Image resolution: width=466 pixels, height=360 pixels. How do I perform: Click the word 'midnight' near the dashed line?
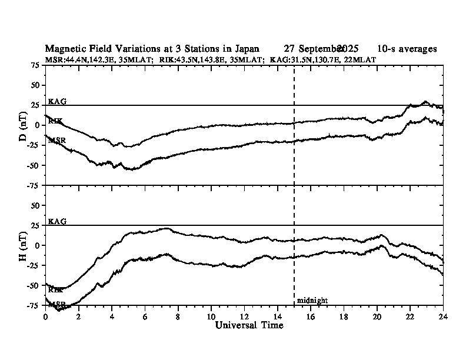[x=312, y=301]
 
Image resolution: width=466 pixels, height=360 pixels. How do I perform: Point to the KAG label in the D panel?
[x=57, y=101]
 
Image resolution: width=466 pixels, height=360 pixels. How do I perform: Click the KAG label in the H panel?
[x=57, y=221]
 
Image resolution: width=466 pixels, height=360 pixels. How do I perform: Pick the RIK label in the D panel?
[x=55, y=121]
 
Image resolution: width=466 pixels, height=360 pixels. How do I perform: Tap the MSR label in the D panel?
[x=57, y=141]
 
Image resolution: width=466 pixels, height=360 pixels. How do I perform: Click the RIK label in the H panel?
[x=55, y=290]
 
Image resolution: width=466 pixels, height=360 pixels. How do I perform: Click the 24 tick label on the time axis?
[x=443, y=316]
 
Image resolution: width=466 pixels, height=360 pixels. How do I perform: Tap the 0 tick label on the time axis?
[x=45, y=316]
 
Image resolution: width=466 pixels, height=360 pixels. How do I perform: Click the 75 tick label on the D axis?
[x=35, y=65]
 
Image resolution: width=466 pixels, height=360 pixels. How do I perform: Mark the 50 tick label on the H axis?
[x=35, y=205]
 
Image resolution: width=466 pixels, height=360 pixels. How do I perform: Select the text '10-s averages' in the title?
[x=408, y=49]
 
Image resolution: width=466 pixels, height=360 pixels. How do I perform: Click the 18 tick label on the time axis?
[x=344, y=316]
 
